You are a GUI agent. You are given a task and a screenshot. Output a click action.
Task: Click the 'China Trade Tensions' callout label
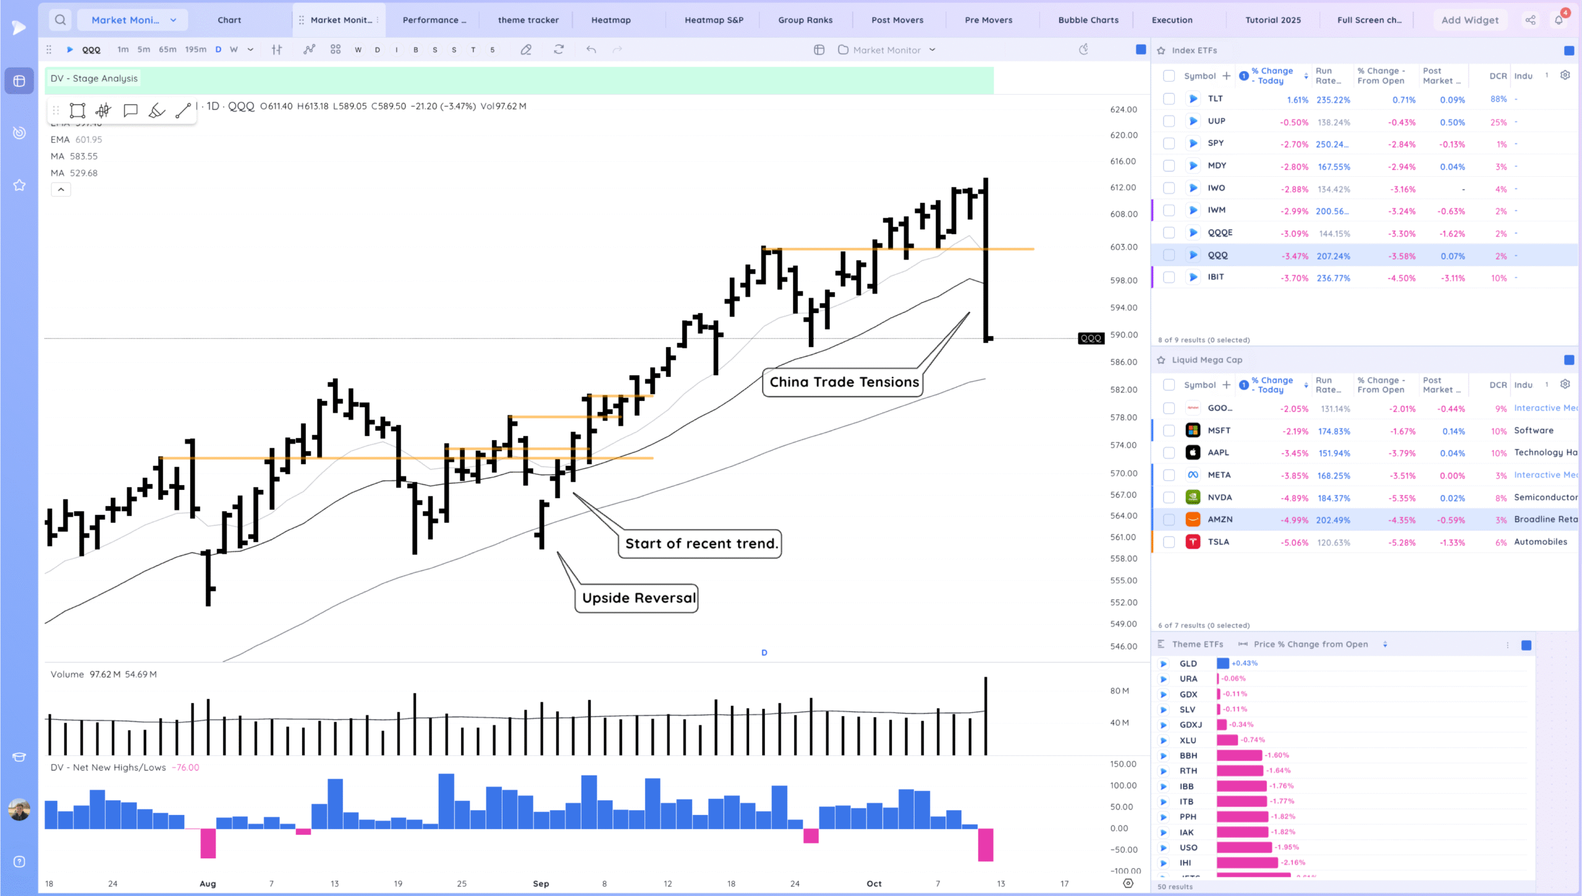point(844,382)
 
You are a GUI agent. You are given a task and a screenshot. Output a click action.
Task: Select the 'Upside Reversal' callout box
point(638,598)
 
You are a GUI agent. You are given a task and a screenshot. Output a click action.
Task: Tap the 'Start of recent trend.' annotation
point(701,544)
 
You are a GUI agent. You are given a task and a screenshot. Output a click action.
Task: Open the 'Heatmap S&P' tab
point(714,20)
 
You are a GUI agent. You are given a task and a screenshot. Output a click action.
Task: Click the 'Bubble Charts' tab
point(1088,20)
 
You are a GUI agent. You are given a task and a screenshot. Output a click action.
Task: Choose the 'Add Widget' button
point(1470,20)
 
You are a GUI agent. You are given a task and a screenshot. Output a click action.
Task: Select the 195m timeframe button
point(195,49)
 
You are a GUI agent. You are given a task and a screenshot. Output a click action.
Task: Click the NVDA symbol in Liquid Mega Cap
point(1219,497)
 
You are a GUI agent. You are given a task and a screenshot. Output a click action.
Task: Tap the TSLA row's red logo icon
point(1193,542)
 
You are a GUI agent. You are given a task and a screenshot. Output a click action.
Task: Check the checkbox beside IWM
point(1169,211)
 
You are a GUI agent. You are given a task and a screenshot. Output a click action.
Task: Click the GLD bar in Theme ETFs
point(1222,664)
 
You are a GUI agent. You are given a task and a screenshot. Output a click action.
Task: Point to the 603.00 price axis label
point(1123,247)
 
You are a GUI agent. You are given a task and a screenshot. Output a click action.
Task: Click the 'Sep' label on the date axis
point(541,884)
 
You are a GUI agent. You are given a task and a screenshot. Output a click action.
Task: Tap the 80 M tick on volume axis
point(1119,691)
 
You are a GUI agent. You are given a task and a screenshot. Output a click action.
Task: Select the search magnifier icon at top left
point(60,20)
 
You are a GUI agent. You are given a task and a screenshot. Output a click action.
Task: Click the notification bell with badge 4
point(1559,20)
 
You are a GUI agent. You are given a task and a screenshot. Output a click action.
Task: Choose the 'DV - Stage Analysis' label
point(94,78)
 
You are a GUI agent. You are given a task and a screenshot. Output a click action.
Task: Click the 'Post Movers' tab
point(897,20)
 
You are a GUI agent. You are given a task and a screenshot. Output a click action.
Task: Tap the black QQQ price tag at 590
point(1091,338)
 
